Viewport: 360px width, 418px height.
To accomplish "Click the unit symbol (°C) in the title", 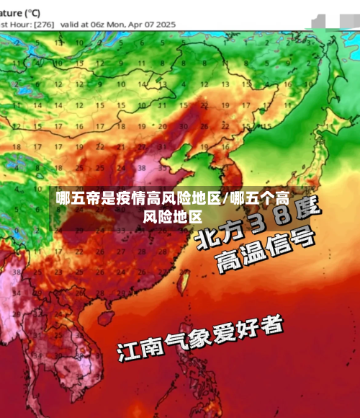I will pyautogui.click(x=30, y=12).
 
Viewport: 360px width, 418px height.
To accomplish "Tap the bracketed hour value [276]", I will pyautogui.click(x=44, y=24).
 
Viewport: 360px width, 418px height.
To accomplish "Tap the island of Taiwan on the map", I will pyautogui.click(x=181, y=277).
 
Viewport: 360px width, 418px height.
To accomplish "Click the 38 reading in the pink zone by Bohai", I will pyautogui.click(x=142, y=168).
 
